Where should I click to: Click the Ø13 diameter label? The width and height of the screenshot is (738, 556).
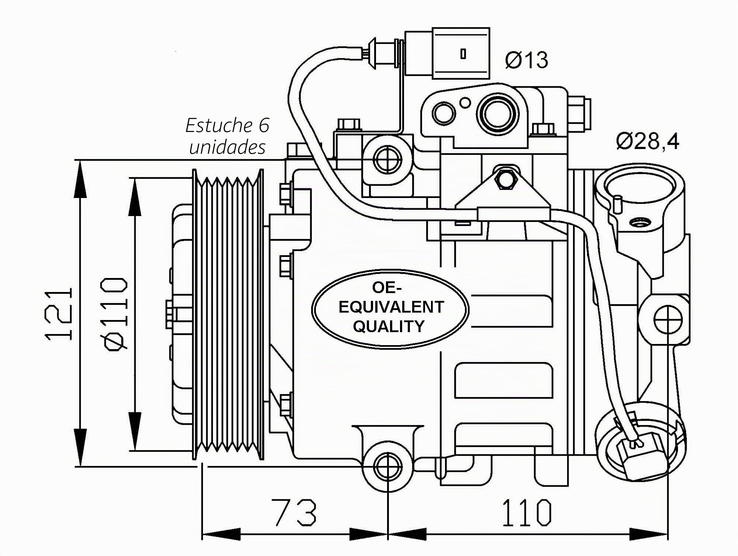pos(527,60)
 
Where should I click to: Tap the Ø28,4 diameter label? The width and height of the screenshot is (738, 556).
pos(648,141)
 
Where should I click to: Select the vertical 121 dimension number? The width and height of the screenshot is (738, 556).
pos(59,314)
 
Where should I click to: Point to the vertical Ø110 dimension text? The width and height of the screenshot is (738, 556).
pos(116,314)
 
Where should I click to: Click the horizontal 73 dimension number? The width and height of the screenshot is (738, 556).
pos(294,512)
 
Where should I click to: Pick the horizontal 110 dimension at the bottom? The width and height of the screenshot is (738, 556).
pos(527,512)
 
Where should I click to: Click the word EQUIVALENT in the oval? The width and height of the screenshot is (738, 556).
pos(391,307)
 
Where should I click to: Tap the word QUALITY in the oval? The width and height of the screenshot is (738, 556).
pos(389,327)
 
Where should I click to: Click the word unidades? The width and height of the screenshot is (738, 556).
pos(227,147)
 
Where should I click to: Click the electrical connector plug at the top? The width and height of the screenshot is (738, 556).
pos(447,53)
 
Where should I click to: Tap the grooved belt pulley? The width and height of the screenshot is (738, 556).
pos(228,314)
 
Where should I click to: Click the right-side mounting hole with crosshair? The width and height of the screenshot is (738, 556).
pos(668,319)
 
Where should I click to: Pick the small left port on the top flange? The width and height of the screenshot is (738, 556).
pos(444,113)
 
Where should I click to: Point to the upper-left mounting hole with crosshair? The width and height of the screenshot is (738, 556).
pos(387,160)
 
